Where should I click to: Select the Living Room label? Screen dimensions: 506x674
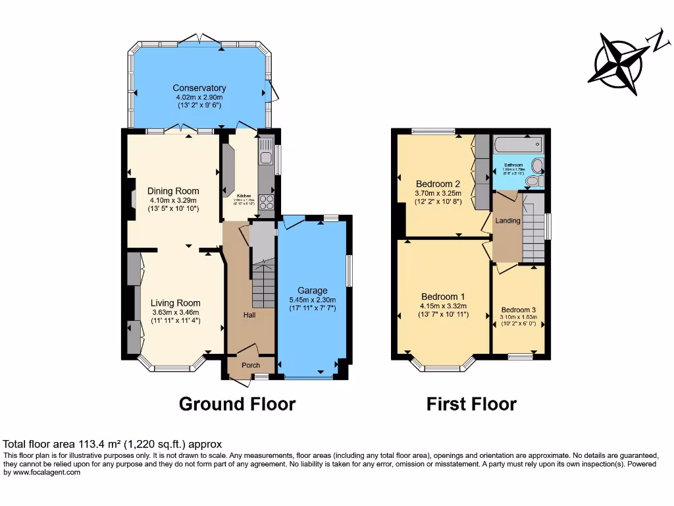pyautogui.click(x=176, y=303)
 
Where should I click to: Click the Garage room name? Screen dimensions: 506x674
pyautogui.click(x=312, y=291)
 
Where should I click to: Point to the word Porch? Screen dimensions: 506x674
pyautogui.click(x=250, y=365)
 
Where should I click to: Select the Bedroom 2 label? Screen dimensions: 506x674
pyautogui.click(x=438, y=184)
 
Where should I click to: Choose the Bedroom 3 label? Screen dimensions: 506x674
pyautogui.click(x=519, y=310)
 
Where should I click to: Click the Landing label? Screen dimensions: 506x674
pyautogui.click(x=507, y=221)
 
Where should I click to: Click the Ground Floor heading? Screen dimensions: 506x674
pyautogui.click(x=237, y=403)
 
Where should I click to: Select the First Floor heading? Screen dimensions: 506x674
pyautogui.click(x=471, y=403)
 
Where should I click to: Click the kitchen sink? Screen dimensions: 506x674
pyautogui.click(x=266, y=157)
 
